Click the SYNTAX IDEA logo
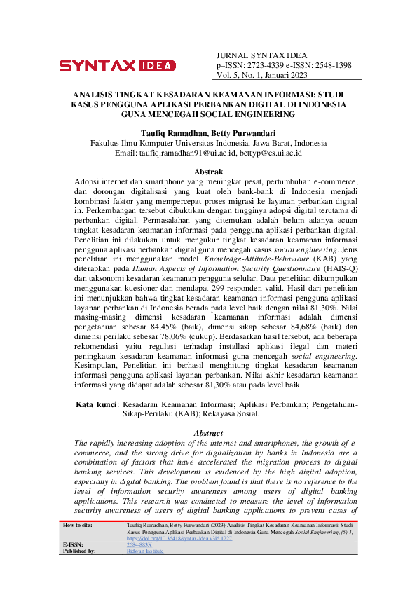[117, 66]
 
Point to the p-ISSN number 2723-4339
[268, 65]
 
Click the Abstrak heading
[208, 172]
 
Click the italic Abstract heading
[208, 433]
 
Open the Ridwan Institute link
[145, 551]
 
